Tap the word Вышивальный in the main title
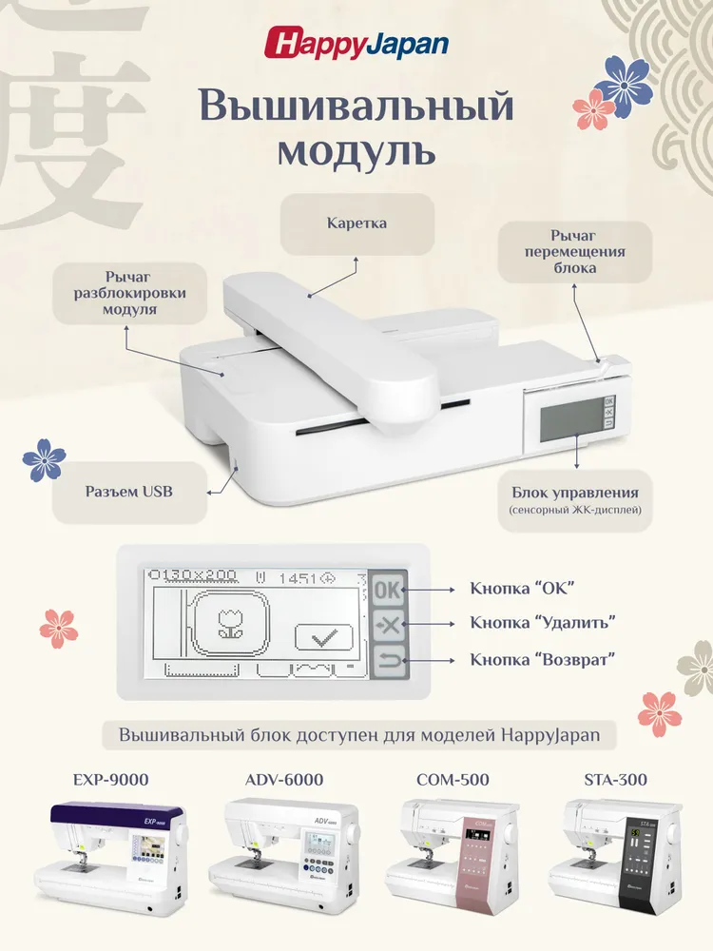356,105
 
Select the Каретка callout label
356,223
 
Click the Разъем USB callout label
128,492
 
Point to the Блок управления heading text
575,493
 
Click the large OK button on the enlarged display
387,589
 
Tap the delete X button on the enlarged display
388,624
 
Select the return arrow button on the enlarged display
388,661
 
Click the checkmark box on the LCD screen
324,637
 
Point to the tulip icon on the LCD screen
230,623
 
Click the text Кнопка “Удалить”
543,622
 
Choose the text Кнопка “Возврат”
543,659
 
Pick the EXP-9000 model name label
111,780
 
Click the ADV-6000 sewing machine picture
283,855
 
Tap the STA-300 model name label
615,780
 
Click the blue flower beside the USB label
44,460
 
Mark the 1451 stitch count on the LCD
298,578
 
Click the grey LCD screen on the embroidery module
571,420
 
